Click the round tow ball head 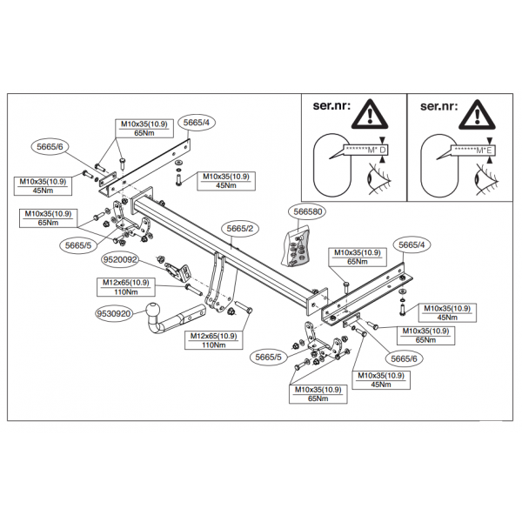coord(157,311)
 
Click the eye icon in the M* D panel coord(375,180)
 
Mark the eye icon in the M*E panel coord(480,180)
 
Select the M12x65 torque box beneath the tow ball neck coord(214,340)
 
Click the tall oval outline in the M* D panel coord(329,164)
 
